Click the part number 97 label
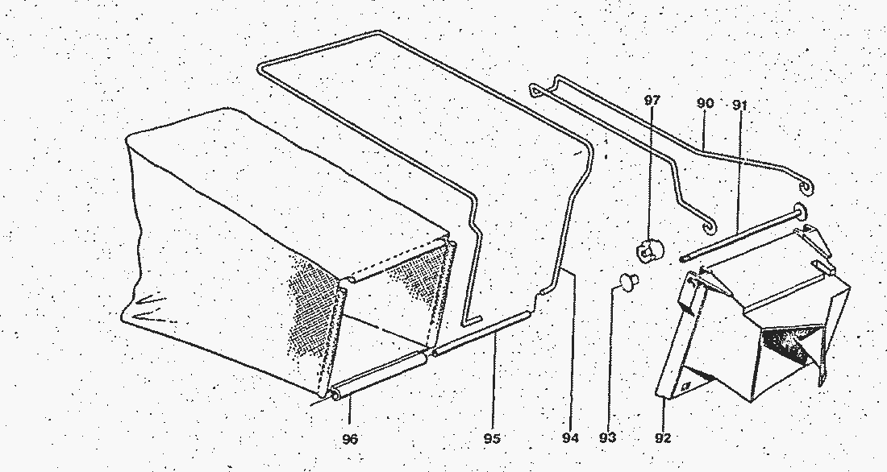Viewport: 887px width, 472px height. coord(652,101)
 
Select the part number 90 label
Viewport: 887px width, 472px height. coord(705,103)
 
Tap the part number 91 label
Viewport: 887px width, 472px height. coord(740,106)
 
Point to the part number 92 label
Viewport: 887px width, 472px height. coord(662,438)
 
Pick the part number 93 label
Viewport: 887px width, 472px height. coord(607,437)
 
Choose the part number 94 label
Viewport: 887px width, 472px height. coord(571,437)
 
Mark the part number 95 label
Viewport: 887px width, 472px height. coord(492,438)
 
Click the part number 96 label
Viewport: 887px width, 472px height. coord(350,439)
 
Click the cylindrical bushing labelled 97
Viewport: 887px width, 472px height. coord(651,249)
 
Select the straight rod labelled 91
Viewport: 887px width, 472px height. coord(738,236)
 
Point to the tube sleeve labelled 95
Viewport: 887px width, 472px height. coord(482,333)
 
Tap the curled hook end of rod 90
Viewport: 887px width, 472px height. coord(806,186)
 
